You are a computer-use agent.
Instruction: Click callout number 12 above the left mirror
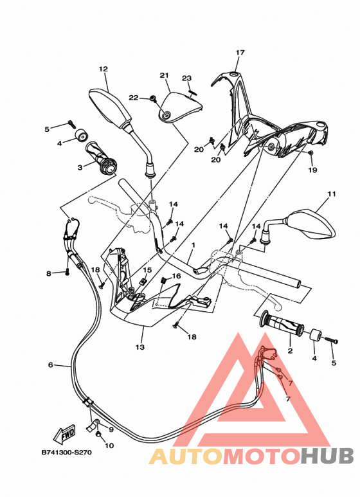103,69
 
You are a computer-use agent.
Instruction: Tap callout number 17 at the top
240,53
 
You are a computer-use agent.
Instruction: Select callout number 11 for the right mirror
331,194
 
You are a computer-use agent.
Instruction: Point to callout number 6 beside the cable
50,365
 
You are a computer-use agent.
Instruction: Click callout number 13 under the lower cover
140,347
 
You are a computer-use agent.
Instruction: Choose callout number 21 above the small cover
164,75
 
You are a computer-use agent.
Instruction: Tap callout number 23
186,78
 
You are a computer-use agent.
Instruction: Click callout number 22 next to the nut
134,98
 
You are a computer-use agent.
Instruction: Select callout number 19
312,170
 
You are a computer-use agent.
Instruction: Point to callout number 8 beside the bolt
48,274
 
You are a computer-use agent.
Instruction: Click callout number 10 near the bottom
108,445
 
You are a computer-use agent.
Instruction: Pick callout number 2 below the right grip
290,351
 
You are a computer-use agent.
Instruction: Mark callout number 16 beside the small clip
175,276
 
